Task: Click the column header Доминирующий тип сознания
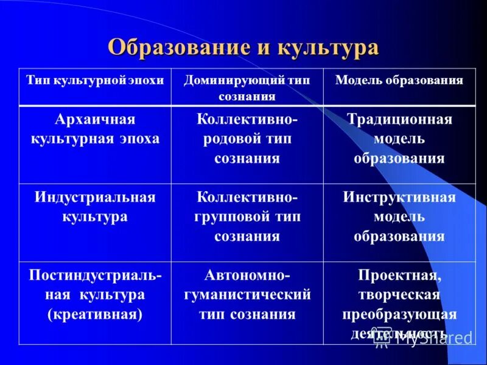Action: click(x=247, y=88)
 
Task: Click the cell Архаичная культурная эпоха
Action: click(x=96, y=128)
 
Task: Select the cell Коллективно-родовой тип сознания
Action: click(x=247, y=138)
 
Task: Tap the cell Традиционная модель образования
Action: click(x=399, y=138)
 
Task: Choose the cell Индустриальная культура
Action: click(x=96, y=207)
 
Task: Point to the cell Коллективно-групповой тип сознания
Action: click(x=247, y=217)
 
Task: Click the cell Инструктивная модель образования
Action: click(x=399, y=217)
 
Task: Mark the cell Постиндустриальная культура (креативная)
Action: click(x=96, y=295)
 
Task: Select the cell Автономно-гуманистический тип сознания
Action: click(x=247, y=295)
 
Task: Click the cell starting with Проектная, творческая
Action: click(x=399, y=304)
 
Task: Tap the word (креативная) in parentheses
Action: click(x=95, y=315)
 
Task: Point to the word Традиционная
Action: click(x=399, y=119)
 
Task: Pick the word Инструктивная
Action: click(x=399, y=197)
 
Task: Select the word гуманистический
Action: click(x=247, y=295)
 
